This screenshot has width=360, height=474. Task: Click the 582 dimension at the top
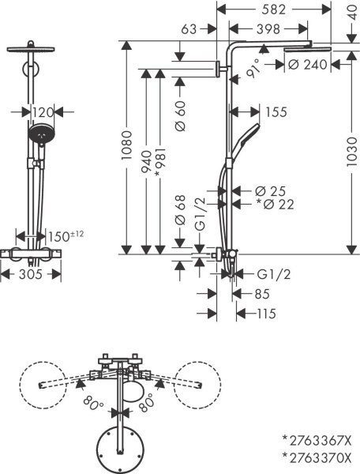pyautogui.click(x=274, y=9)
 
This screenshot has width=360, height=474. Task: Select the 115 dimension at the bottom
pyautogui.click(x=259, y=314)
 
